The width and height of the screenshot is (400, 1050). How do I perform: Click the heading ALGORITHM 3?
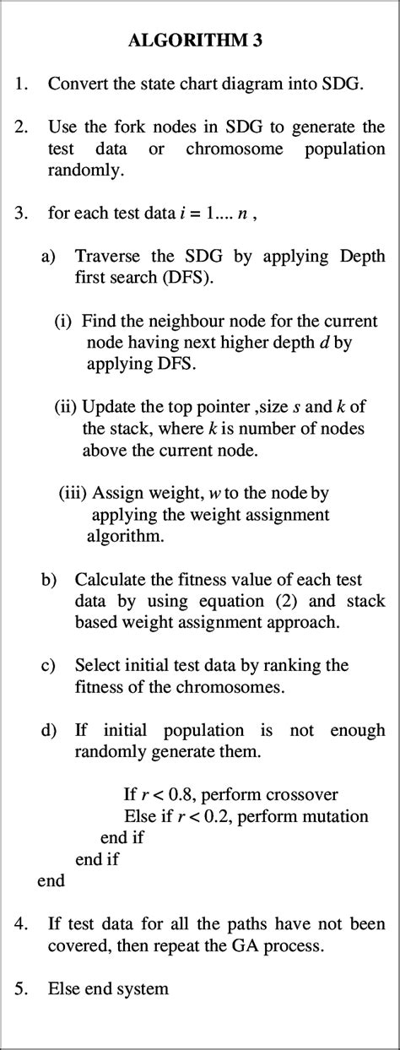coord(199,40)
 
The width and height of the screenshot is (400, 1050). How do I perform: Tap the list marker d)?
coord(49,730)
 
